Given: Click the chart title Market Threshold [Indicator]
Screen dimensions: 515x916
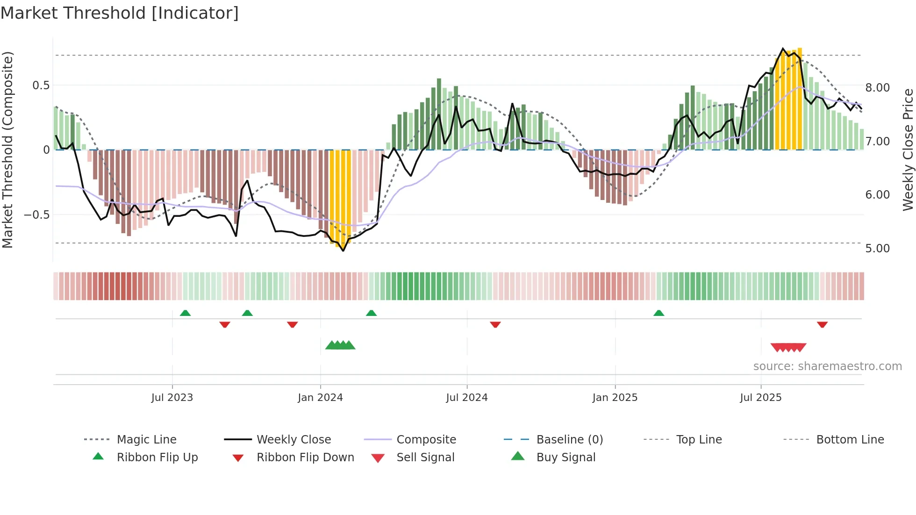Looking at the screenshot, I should click(x=120, y=13).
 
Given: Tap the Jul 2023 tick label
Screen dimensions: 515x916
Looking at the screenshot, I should click(x=172, y=398).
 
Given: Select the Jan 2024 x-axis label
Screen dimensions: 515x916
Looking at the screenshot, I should click(x=320, y=398).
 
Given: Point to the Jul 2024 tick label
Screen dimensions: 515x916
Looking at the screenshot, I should click(x=466, y=398).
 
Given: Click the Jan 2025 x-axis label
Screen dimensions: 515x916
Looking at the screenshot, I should click(x=615, y=398).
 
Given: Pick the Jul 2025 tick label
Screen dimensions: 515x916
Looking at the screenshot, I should click(x=760, y=398).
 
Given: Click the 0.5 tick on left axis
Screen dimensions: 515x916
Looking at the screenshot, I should click(x=41, y=86).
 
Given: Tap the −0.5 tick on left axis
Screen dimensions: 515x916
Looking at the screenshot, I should click(x=36, y=215).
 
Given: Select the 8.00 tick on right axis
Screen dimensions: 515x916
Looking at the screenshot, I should click(x=877, y=88).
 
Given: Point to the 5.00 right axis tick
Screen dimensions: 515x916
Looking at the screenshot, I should click(x=877, y=249).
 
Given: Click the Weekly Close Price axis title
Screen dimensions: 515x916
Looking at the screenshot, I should click(x=908, y=150).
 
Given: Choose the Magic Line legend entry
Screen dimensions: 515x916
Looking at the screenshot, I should click(x=146, y=440).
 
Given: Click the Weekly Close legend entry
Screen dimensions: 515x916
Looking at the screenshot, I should click(x=293, y=440).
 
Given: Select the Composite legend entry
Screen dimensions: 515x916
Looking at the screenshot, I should click(x=426, y=440).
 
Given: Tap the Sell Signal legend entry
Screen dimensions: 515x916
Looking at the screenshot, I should click(x=425, y=458).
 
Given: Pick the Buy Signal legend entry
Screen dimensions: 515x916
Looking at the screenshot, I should click(x=565, y=458).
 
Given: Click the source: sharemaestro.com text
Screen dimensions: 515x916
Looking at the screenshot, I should click(x=827, y=366).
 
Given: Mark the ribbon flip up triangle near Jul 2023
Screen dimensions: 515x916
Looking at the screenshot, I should click(x=185, y=313).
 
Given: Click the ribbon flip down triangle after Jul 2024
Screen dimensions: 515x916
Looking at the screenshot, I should click(x=495, y=324).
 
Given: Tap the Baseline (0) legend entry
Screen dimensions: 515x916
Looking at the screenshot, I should click(x=569, y=440).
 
